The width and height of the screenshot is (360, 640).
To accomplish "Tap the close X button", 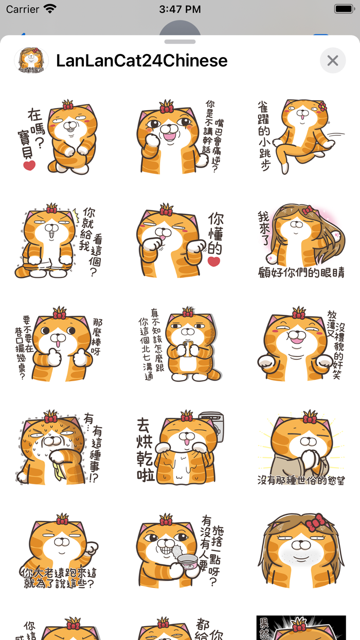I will click(x=333, y=61).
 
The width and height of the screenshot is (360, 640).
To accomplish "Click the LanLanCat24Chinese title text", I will click(x=141, y=61).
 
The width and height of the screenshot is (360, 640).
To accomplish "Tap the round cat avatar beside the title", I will click(x=31, y=61).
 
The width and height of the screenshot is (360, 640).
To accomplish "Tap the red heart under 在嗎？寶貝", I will click(x=29, y=165).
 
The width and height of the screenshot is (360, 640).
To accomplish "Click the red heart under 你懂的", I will click(x=214, y=261).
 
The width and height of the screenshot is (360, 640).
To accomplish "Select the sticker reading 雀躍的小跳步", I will click(x=300, y=136).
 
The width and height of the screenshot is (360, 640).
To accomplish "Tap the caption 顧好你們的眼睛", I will click(x=301, y=272).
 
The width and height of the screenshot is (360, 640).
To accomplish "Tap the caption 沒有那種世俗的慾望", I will click(x=301, y=480).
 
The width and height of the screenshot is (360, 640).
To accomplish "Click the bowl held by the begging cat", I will click(x=187, y=561).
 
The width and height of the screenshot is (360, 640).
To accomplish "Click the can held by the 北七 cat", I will click(x=187, y=349).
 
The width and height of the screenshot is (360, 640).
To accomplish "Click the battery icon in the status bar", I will click(x=343, y=9).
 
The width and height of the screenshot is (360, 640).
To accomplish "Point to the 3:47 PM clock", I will click(x=180, y=9).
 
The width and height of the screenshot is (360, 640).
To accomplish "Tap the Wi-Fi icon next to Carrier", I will click(x=50, y=9).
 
